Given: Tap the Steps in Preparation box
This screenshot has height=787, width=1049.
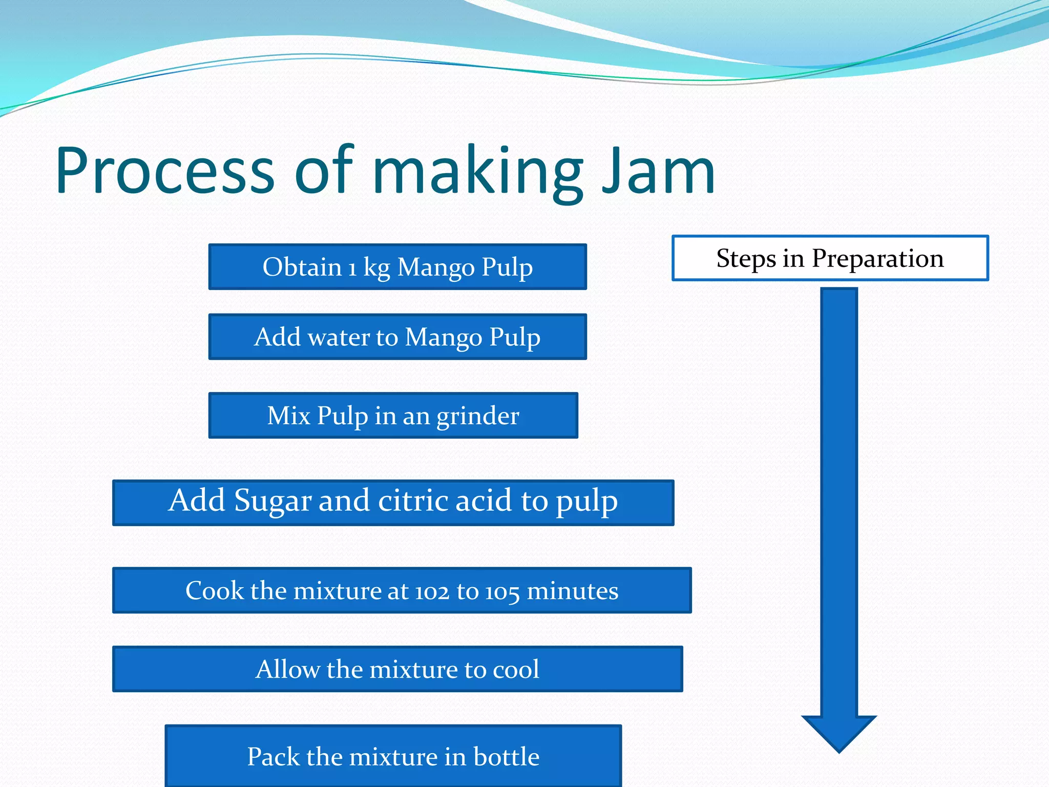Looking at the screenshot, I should coord(830,258).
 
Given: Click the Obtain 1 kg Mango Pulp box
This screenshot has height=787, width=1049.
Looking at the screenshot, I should coord(397,267).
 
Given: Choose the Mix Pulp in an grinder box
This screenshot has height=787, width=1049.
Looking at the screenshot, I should coord(393,416).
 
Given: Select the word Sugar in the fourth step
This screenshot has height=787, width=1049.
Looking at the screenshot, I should coord(272,501).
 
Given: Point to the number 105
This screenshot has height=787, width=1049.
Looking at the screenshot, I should coord(502,592).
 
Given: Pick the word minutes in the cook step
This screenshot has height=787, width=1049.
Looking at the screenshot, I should coord(573,591).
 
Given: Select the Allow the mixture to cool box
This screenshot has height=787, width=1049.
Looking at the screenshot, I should coord(397,669).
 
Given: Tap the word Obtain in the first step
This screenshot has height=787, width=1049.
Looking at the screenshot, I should coord(302,267).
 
